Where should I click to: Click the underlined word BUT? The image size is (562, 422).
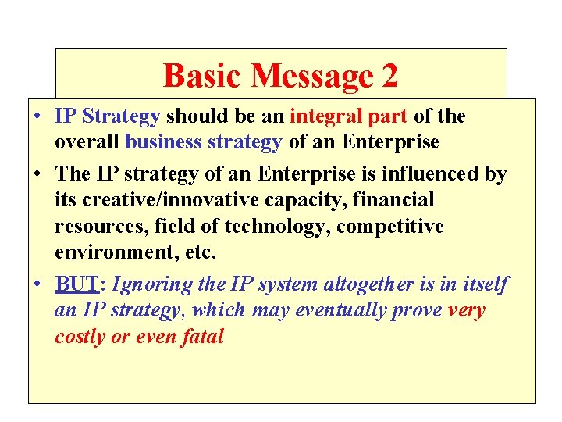(71, 284)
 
